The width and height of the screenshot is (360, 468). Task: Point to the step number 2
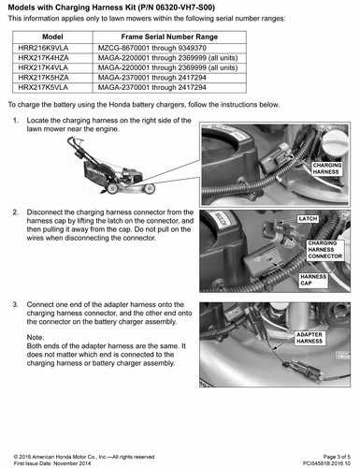point(15,212)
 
